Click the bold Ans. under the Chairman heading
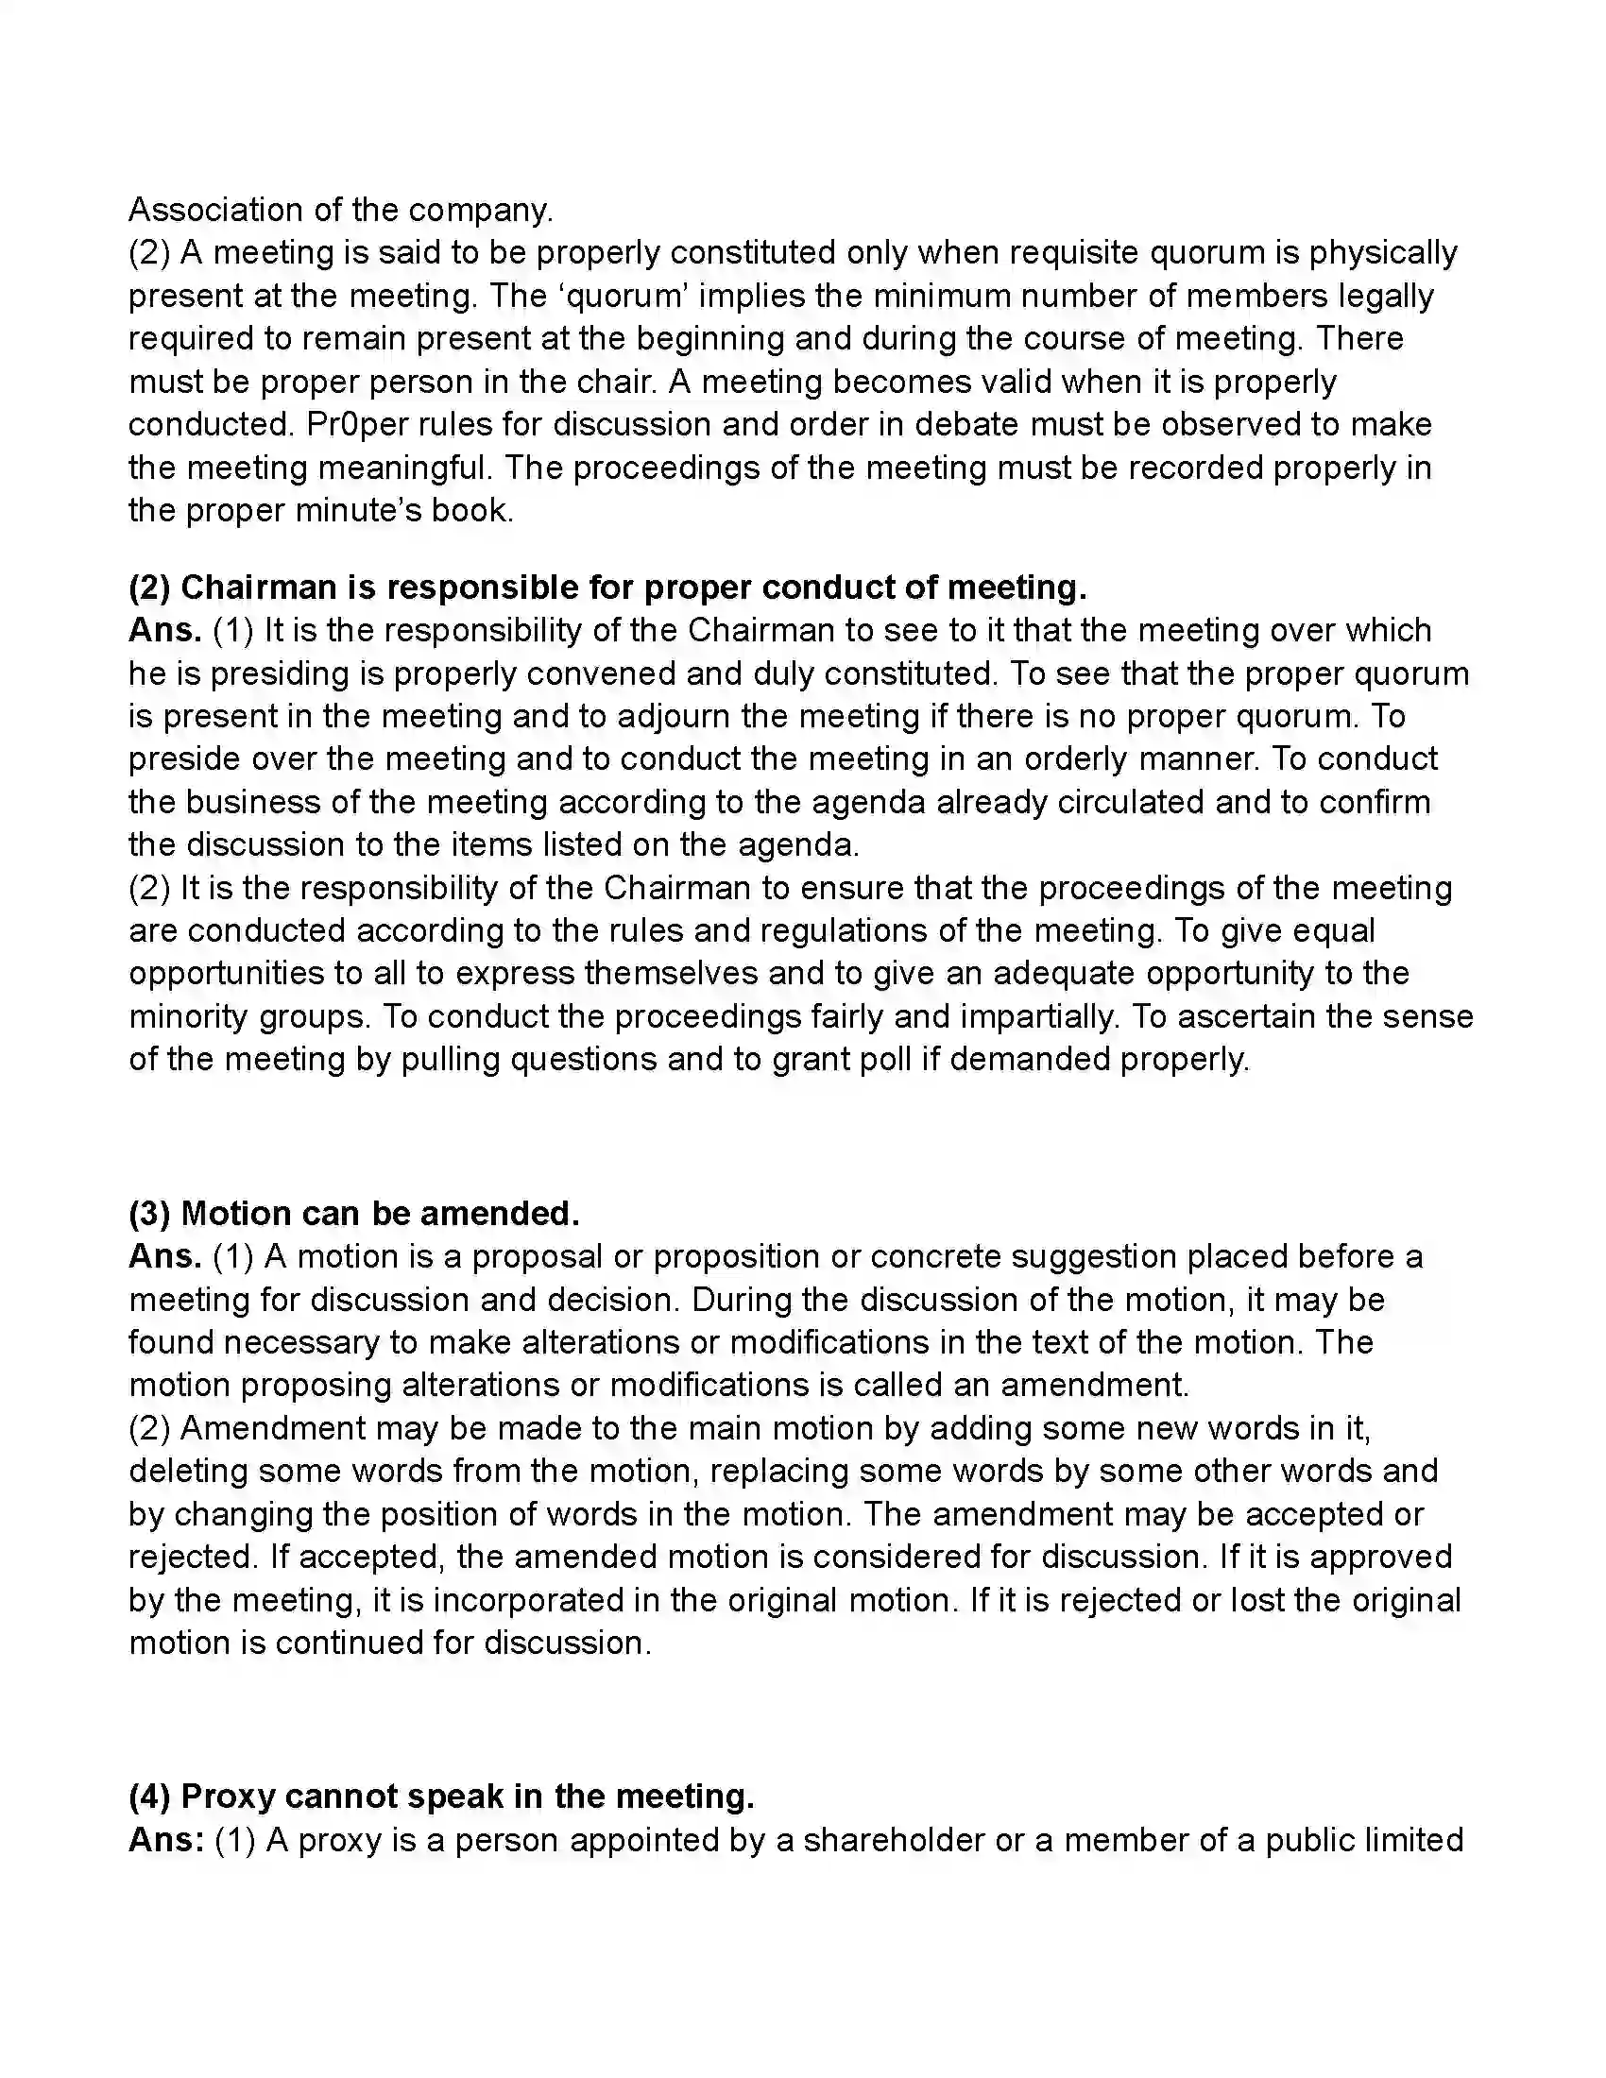tap(164, 630)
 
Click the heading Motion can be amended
tap(354, 1213)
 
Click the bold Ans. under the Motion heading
tap(164, 1256)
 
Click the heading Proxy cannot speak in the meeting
tap(441, 1796)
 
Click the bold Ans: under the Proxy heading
tap(165, 1839)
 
